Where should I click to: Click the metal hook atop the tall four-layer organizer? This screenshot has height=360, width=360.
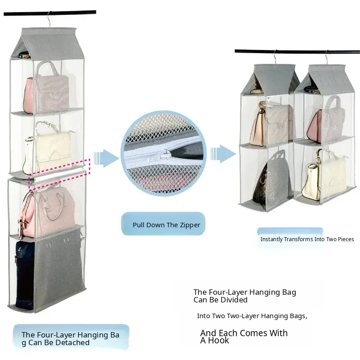click(x=49, y=19)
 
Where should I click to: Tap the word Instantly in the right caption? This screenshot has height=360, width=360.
click(x=271, y=239)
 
